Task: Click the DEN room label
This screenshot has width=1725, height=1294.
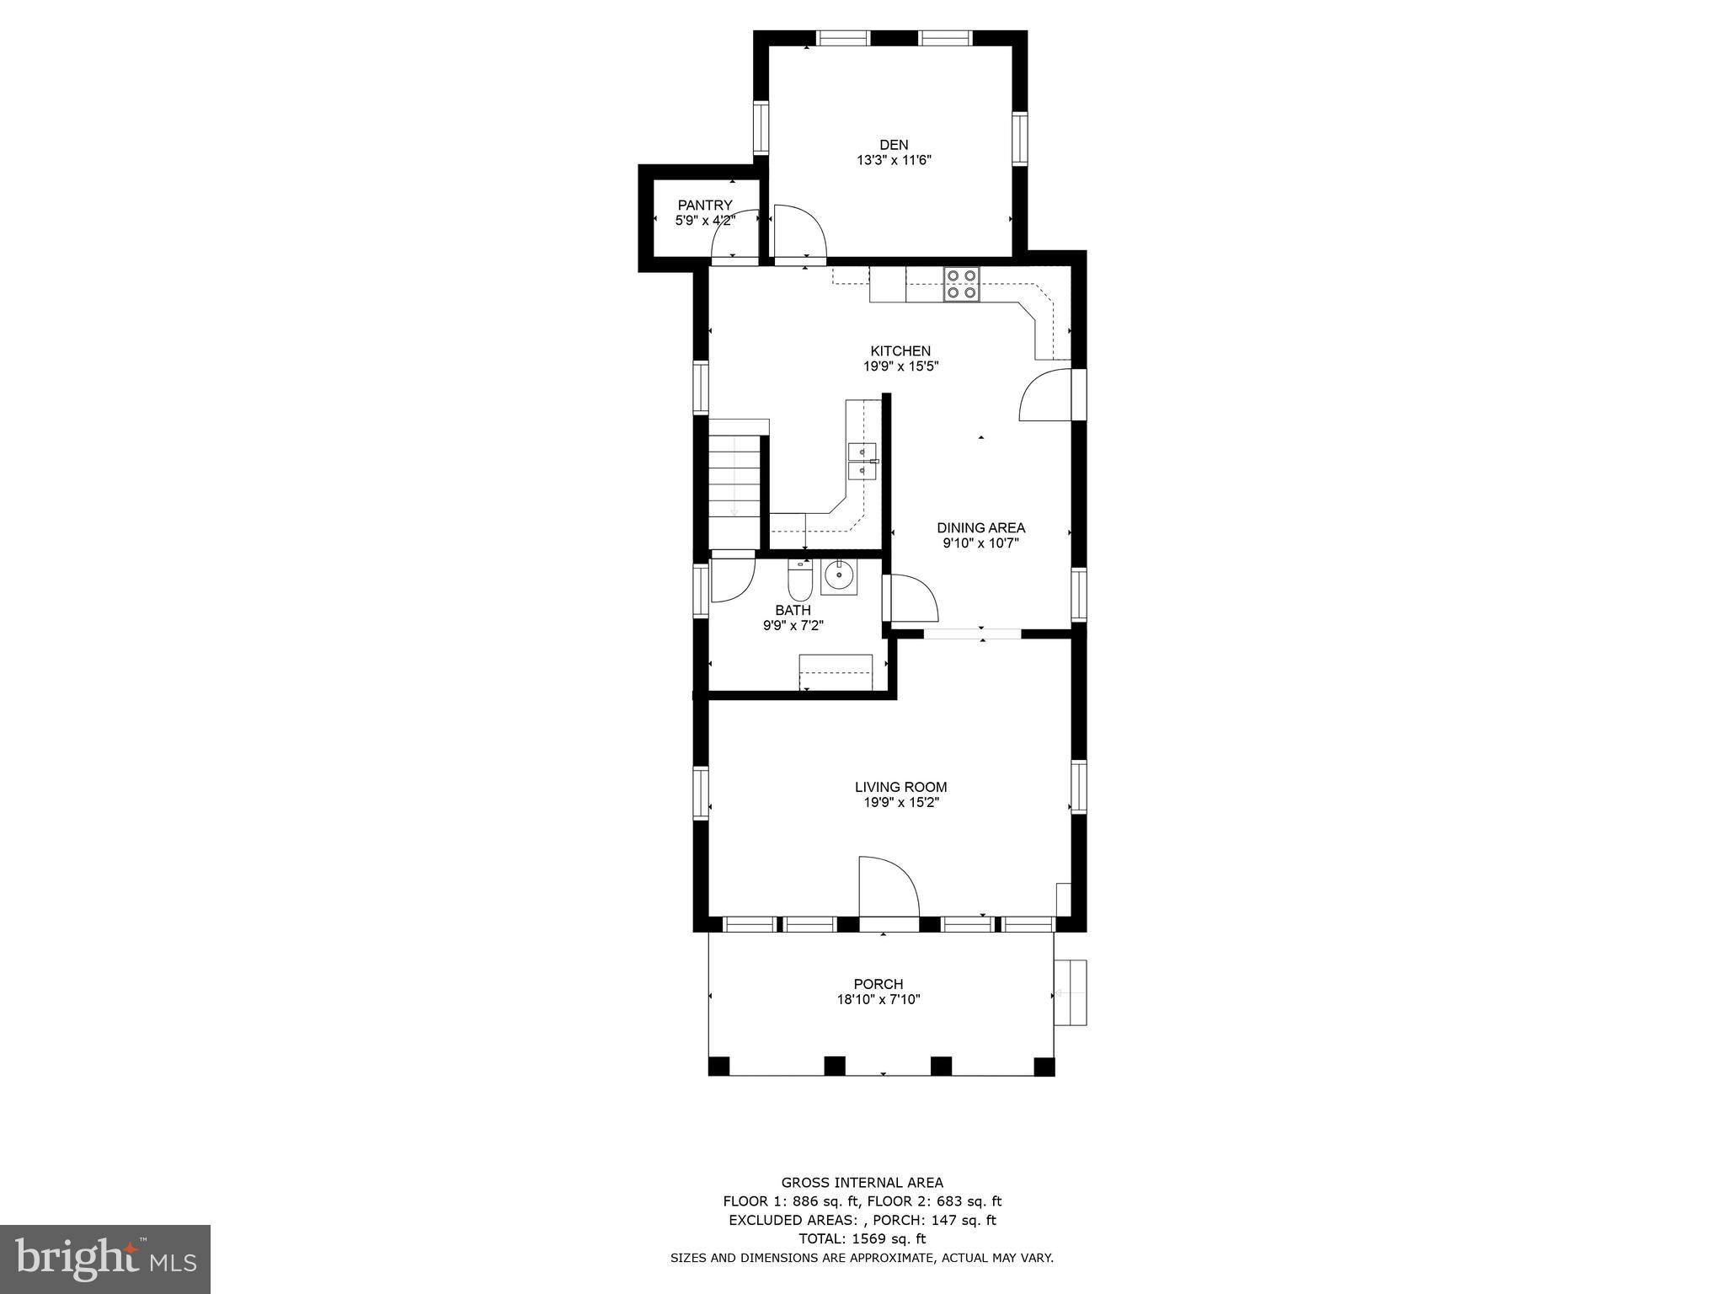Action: click(x=894, y=145)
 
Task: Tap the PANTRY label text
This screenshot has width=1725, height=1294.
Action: click(x=705, y=206)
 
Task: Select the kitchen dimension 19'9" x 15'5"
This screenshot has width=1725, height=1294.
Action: click(x=900, y=366)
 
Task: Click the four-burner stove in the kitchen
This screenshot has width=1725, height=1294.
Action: click(x=961, y=284)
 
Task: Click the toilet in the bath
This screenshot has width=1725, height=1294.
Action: click(x=798, y=580)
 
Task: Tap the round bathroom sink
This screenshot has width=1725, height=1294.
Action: click(x=838, y=576)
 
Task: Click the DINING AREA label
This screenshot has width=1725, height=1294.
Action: click(x=980, y=528)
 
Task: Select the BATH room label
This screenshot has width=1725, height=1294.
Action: click(x=793, y=610)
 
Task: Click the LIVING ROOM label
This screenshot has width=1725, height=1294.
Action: click(x=900, y=787)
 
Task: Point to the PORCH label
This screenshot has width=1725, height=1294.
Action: click(x=878, y=984)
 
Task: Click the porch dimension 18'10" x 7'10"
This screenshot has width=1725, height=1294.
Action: click(x=879, y=1000)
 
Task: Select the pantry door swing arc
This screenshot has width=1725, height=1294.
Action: click(x=733, y=246)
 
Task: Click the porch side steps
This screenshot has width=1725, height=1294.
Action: click(x=1071, y=992)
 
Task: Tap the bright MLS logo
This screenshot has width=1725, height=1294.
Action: click(x=105, y=1259)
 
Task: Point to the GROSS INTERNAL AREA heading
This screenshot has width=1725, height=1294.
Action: click(x=862, y=1183)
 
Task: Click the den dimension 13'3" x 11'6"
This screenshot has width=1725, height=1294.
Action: click(x=894, y=160)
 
